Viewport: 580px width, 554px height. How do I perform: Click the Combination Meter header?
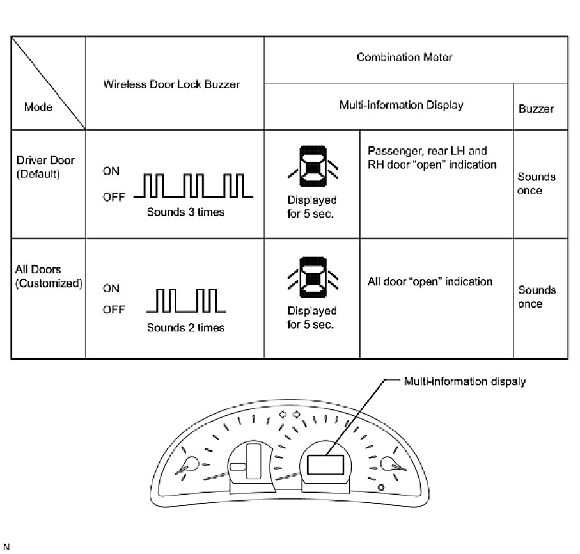tap(404, 58)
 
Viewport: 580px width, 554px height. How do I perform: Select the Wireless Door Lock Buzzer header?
tap(171, 84)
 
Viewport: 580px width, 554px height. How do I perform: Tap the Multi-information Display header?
tap(401, 106)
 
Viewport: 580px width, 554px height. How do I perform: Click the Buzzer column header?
tap(536, 109)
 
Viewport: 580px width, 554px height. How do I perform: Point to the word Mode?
tap(38, 107)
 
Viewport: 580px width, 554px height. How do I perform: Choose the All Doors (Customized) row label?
tap(49, 276)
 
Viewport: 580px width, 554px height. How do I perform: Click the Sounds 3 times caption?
tap(185, 212)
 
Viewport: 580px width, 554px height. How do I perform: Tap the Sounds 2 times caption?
tap(185, 328)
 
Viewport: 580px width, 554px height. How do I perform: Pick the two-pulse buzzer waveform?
tap(186, 301)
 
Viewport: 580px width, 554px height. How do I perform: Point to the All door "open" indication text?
tap(430, 281)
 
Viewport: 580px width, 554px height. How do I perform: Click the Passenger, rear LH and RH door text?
tap(432, 158)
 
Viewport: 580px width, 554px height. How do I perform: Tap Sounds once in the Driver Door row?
tap(536, 184)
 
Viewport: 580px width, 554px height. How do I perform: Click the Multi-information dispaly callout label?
tap(465, 381)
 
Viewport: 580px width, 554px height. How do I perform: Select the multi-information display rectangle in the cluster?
tap(326, 464)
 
